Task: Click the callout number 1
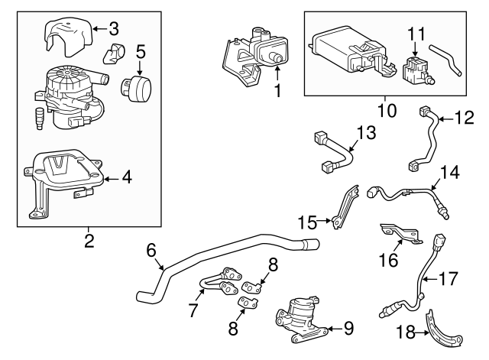click(277, 89)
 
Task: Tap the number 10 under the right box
click(387, 110)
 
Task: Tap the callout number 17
click(449, 278)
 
